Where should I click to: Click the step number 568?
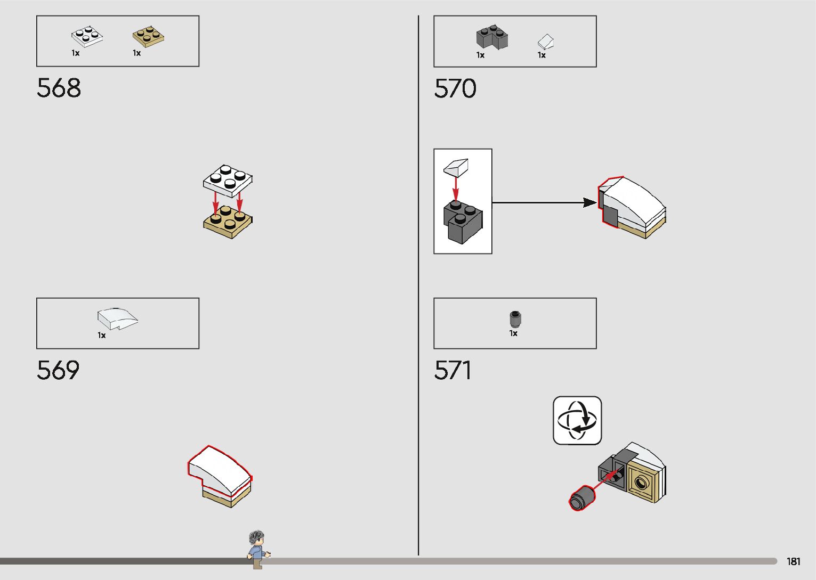click(59, 88)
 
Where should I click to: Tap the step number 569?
click(58, 370)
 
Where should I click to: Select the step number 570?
click(455, 88)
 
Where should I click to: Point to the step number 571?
click(453, 370)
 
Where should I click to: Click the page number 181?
click(793, 561)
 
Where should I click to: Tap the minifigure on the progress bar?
click(257, 549)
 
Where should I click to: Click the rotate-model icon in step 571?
click(577, 420)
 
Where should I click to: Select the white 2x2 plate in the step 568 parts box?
click(87, 36)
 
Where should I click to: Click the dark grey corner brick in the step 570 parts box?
click(491, 37)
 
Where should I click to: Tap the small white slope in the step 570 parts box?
click(545, 42)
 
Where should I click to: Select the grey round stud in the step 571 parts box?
click(514, 319)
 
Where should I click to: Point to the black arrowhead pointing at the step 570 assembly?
click(589, 202)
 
